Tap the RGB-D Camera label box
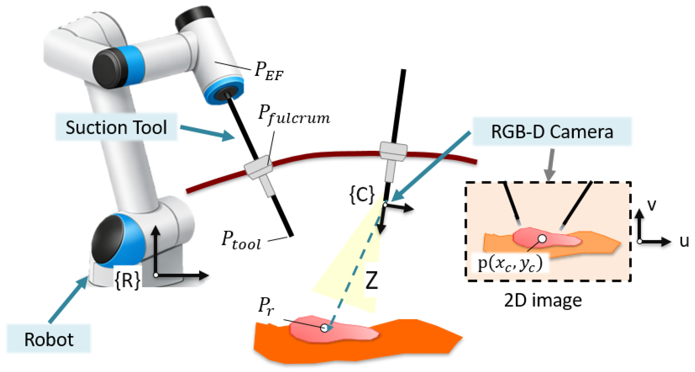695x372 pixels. click(x=552, y=132)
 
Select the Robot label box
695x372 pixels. click(x=49, y=339)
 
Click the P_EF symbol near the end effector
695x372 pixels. click(x=269, y=71)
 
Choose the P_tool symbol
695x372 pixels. click(x=241, y=240)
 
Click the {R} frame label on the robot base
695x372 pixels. click(x=127, y=281)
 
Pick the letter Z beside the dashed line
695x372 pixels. click(x=372, y=280)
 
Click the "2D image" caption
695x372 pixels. click(x=543, y=300)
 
